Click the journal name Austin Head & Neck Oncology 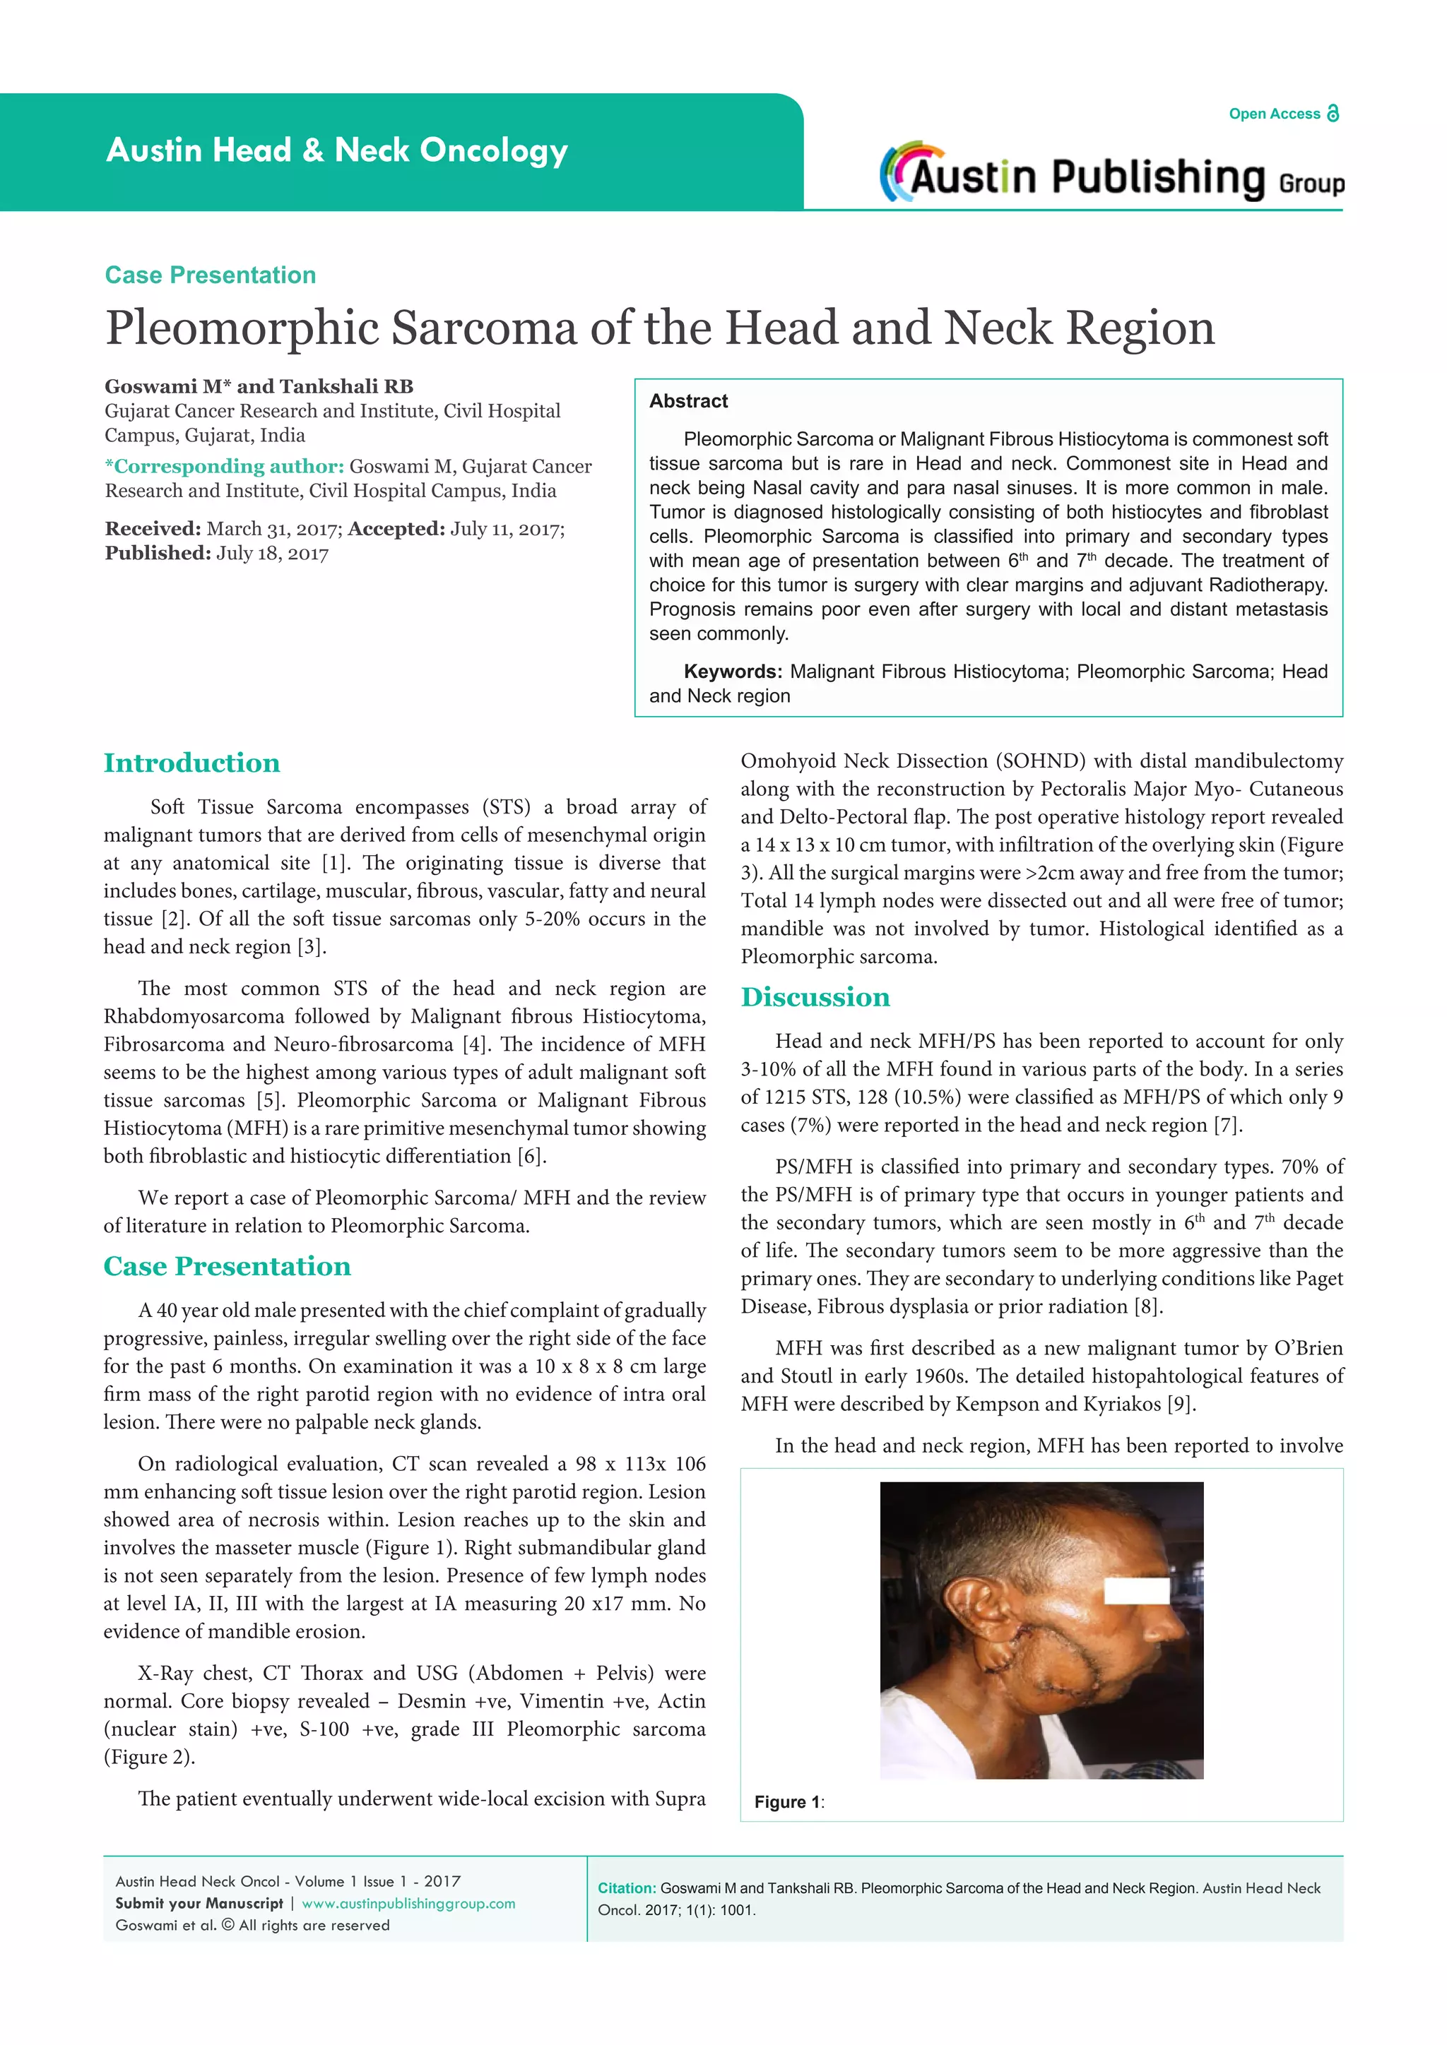(x=337, y=150)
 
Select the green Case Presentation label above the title (x=211, y=275)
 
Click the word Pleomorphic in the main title (x=242, y=328)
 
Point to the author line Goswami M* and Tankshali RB (x=259, y=386)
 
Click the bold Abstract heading (x=688, y=402)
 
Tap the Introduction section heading (x=191, y=763)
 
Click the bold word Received (x=153, y=529)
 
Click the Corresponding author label (x=225, y=467)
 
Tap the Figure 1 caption (x=789, y=1803)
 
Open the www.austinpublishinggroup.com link (x=408, y=1903)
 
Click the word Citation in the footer (x=627, y=1888)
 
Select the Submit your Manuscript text (x=199, y=1903)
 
